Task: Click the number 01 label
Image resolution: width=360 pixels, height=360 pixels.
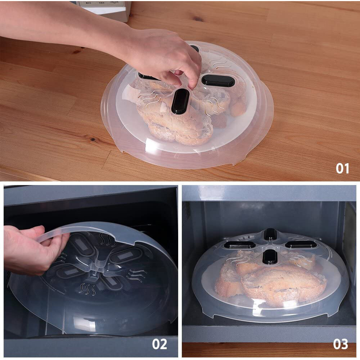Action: click(342, 168)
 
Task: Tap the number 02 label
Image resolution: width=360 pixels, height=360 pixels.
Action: click(159, 344)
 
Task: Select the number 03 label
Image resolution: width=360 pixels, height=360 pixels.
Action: click(340, 344)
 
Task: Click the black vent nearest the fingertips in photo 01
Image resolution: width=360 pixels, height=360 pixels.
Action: click(180, 101)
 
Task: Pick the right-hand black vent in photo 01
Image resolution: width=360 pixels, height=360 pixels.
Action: click(218, 80)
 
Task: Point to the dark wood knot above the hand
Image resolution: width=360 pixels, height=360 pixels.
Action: click(198, 19)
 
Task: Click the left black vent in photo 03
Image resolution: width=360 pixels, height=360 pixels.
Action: click(239, 245)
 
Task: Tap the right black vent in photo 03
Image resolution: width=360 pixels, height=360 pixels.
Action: click(301, 244)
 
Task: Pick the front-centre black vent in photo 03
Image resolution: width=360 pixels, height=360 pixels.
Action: click(270, 256)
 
